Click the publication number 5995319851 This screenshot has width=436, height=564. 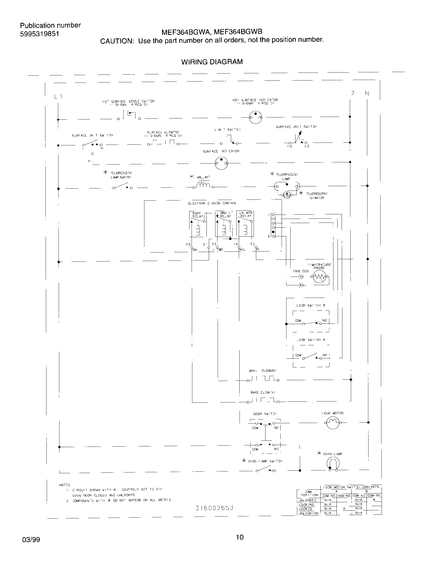(x=39, y=34)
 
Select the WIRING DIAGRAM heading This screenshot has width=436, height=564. (x=212, y=62)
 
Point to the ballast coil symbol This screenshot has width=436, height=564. (x=204, y=186)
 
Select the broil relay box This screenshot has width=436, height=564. (x=224, y=224)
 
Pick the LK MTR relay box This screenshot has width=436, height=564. (x=245, y=224)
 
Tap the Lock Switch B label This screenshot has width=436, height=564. (x=311, y=305)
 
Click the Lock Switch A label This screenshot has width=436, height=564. (x=311, y=340)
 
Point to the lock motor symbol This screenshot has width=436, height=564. (x=333, y=422)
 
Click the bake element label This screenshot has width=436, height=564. (x=262, y=392)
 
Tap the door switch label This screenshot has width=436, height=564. (x=265, y=414)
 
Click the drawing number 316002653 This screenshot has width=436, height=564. (x=214, y=508)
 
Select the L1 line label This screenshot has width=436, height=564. (x=58, y=97)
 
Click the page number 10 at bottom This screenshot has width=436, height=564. (x=240, y=537)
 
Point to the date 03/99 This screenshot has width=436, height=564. (x=31, y=540)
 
